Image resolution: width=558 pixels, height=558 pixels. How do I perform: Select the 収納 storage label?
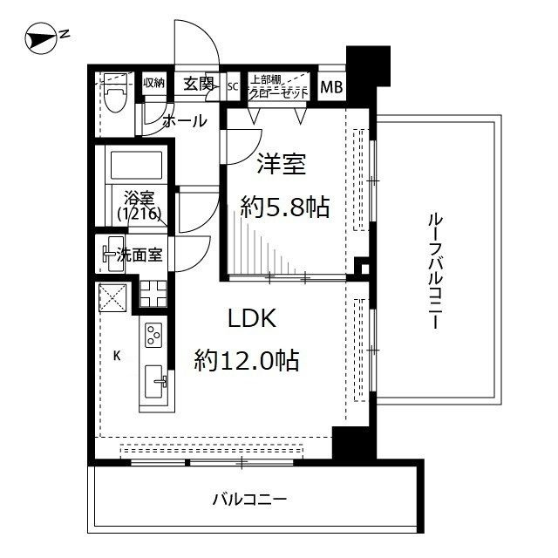coord(153,84)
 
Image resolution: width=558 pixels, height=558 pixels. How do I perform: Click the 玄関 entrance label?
coord(198,84)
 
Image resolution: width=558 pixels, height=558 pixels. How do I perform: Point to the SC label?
coord(233,85)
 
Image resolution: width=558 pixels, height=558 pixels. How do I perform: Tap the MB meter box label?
coord(330,86)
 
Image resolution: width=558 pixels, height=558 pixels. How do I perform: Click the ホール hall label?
coord(185,120)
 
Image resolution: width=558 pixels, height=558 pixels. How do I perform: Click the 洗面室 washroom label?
coord(139,255)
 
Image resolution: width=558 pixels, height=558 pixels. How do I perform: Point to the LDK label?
coord(252,319)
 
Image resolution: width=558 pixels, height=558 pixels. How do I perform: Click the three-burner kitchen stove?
coord(153,336)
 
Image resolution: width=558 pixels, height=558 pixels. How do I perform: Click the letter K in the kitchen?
coord(116,355)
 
